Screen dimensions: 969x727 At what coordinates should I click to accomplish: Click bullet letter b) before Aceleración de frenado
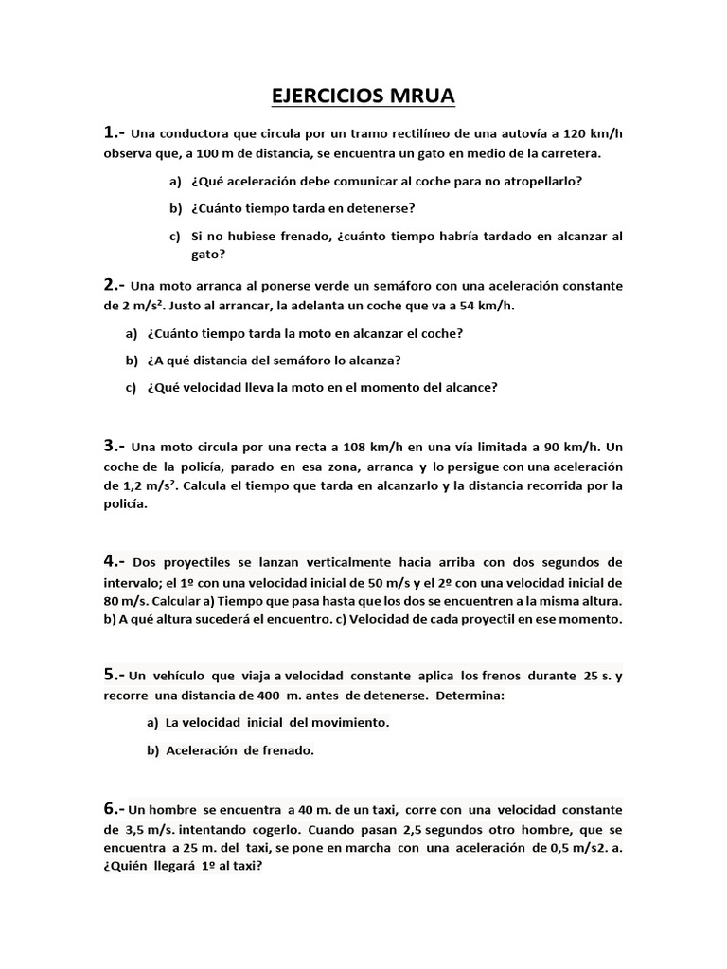[x=152, y=750]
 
